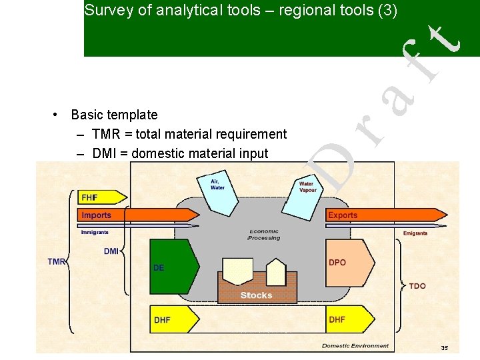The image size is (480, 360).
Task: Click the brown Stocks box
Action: (x=257, y=294)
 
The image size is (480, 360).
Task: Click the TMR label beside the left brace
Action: (x=57, y=262)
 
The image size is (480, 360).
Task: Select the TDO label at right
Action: (x=417, y=286)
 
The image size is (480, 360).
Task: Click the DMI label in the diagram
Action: (x=111, y=251)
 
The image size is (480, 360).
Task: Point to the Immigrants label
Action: (x=95, y=233)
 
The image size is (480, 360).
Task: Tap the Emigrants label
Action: (x=415, y=233)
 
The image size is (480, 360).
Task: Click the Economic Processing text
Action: (x=264, y=234)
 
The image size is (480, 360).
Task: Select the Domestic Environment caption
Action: (x=355, y=346)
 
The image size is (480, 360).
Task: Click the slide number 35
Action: (x=444, y=348)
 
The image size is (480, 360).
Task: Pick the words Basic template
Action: (x=114, y=115)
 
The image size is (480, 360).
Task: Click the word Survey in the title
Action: (x=106, y=10)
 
